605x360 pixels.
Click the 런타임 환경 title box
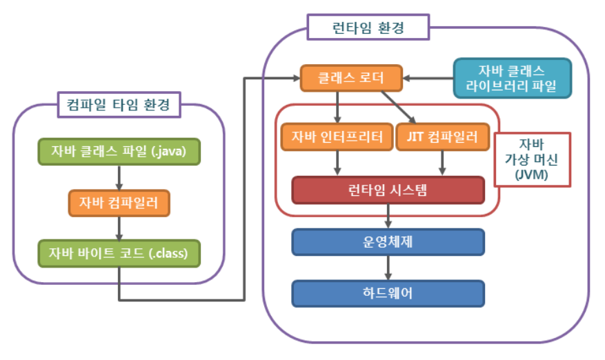[368, 29]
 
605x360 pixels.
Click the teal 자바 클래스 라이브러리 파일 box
[513, 79]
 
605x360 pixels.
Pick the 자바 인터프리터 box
[337, 137]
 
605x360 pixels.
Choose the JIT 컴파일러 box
[437, 137]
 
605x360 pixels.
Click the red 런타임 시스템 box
[388, 190]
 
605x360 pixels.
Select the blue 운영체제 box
[388, 242]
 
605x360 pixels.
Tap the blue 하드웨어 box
[388, 292]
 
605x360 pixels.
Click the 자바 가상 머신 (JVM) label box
[532, 159]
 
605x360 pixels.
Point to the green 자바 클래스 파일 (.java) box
[119, 151]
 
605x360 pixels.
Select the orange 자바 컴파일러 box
[119, 203]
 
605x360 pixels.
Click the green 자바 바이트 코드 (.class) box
[119, 253]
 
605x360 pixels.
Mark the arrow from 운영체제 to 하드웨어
[388, 268]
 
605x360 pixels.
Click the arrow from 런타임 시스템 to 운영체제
[388, 217]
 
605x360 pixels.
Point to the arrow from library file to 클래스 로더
[428, 78]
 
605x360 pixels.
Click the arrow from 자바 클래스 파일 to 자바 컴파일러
[119, 177]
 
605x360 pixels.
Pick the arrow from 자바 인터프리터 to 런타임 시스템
[337, 163]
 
